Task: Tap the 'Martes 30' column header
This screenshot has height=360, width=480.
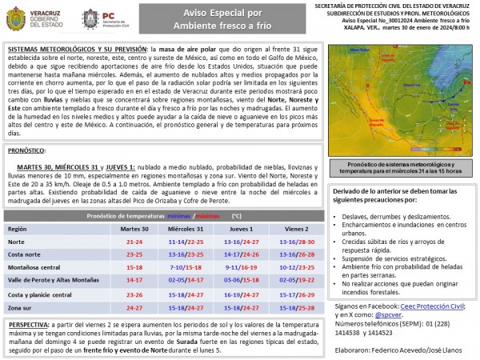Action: coord(134,228)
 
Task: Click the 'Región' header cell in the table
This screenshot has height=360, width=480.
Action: coord(18,228)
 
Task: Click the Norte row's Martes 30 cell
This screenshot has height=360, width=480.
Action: coord(134,241)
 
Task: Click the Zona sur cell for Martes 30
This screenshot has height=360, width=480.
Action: coord(134,306)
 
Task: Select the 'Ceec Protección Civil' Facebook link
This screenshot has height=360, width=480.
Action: coord(409,306)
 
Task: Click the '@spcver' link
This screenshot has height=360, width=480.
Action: coord(390,315)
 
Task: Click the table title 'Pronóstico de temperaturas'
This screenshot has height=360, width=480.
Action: coord(116,216)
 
